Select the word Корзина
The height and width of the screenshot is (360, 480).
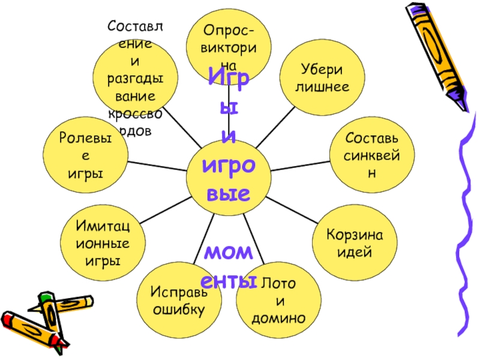click(355, 233)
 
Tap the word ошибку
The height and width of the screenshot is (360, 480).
click(178, 310)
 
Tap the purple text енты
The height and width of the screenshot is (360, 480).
click(229, 281)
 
